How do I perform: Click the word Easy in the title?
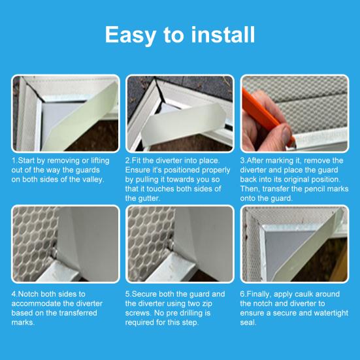pos(130,35)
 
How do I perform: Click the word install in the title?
pos(223,35)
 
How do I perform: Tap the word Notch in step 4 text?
pos(29,294)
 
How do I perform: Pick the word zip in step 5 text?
pos(207,304)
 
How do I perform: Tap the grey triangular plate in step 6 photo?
pos(285,249)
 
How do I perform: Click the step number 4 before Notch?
pos(14,294)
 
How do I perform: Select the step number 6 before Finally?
pos(242,294)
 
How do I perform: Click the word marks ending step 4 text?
pos(23,322)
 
